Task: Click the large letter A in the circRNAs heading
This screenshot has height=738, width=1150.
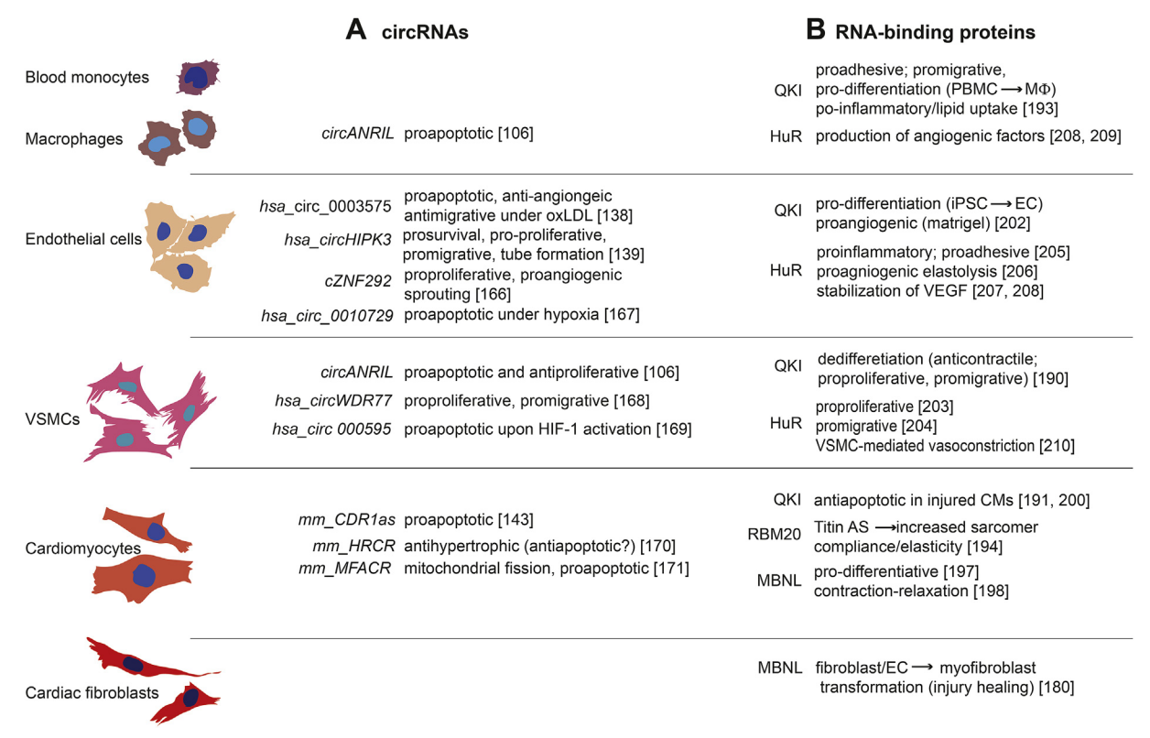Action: (x=357, y=30)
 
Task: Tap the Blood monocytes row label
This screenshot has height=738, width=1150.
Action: (x=87, y=77)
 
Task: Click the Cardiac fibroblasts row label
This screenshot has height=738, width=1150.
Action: (x=92, y=692)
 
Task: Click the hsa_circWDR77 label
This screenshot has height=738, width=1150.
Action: (x=334, y=400)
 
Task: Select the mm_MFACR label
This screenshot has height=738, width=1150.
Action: (x=346, y=568)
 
